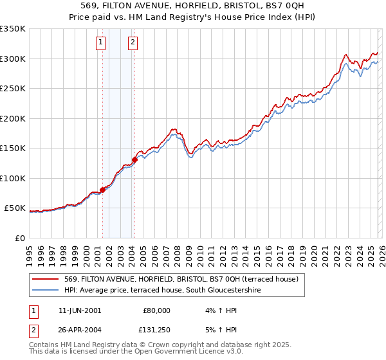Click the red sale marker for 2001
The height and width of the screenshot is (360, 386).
tap(102, 190)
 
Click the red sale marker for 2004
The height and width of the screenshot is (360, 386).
tap(134, 159)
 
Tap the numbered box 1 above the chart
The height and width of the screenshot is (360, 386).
tap(102, 43)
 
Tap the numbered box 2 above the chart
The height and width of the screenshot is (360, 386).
tap(133, 43)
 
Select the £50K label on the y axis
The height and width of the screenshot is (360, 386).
tap(15, 208)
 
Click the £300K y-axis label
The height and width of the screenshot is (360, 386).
tap(12, 59)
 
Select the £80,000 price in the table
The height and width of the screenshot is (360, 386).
tap(154, 310)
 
